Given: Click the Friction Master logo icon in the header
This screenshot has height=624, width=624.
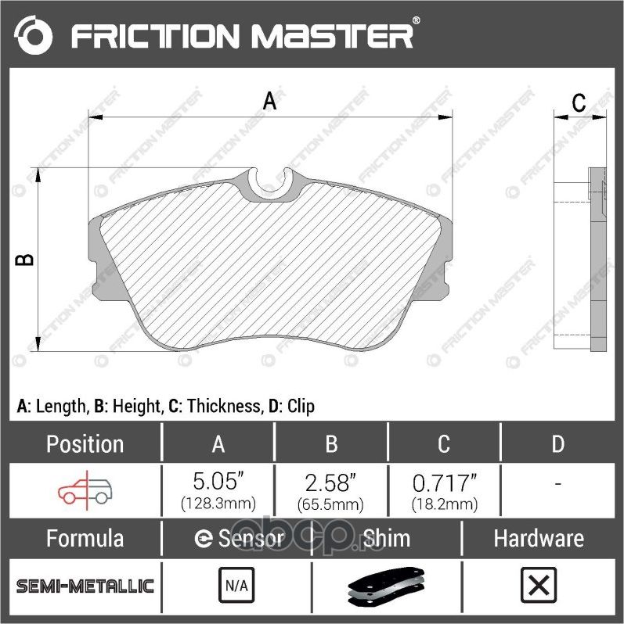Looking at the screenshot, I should pyautogui.click(x=34, y=35).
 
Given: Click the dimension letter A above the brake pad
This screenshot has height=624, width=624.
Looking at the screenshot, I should pyautogui.click(x=269, y=101).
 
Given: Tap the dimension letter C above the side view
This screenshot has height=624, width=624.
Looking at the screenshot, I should pyautogui.click(x=578, y=102).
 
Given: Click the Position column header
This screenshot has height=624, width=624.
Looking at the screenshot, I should pyautogui.click(x=85, y=444).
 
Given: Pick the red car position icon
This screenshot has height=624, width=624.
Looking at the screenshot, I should pyautogui.click(x=85, y=490).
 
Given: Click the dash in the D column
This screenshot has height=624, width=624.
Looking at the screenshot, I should pyautogui.click(x=557, y=485).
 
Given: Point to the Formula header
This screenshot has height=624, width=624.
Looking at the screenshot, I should pyautogui.click(x=85, y=539).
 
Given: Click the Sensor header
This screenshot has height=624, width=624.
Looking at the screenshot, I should pyautogui.click(x=238, y=539).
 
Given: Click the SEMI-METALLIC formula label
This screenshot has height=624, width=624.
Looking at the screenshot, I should pyautogui.click(x=85, y=586).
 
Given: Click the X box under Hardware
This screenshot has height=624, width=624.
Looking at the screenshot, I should pyautogui.click(x=538, y=585).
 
